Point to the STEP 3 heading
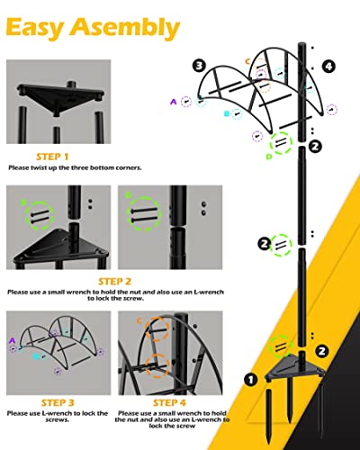[x=58, y=402]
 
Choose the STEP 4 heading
[x=171, y=402]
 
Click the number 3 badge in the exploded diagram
[x=199, y=65]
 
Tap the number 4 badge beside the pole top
[x=328, y=66]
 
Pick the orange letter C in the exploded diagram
[x=248, y=61]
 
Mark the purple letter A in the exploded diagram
[x=173, y=102]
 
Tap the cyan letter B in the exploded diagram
[x=227, y=114]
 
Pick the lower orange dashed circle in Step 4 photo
[x=158, y=365]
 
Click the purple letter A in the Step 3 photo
[x=11, y=340]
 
